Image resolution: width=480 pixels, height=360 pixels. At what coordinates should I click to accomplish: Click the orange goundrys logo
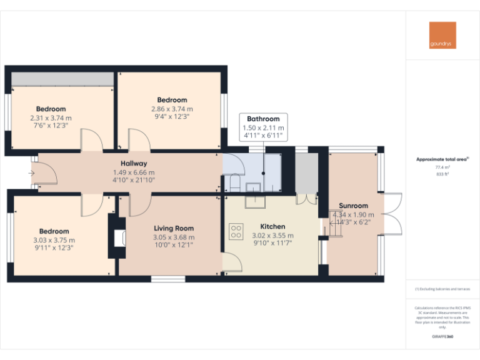(442, 36)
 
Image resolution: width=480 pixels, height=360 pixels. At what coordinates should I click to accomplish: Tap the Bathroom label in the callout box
(263, 119)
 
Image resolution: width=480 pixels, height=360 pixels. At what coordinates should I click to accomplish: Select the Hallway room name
(134, 164)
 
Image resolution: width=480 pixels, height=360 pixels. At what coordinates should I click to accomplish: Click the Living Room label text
(174, 229)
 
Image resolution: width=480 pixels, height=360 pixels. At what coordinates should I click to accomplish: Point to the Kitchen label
(272, 226)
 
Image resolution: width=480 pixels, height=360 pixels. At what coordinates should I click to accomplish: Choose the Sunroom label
(353, 206)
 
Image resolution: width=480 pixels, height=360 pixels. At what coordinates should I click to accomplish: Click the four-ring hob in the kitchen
(236, 232)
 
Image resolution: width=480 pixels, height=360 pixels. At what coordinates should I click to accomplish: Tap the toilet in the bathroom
(233, 183)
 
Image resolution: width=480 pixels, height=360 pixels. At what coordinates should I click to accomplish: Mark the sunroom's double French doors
(392, 213)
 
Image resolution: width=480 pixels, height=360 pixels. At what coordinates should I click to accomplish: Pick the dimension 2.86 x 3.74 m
(172, 109)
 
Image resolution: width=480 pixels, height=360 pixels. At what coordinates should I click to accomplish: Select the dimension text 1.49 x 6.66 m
(134, 172)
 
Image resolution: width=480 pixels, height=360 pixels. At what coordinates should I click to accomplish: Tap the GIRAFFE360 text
(442, 336)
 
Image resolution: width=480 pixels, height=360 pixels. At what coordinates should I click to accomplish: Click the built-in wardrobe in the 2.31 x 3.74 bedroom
(62, 79)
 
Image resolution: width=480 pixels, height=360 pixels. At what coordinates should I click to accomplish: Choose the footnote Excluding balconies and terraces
(442, 289)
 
